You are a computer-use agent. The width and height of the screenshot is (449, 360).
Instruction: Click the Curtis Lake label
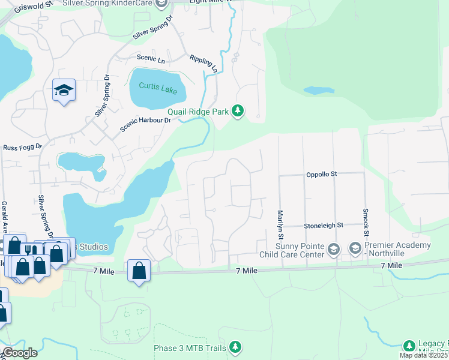[158, 86]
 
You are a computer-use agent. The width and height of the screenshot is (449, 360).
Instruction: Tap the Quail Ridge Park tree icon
[238, 110]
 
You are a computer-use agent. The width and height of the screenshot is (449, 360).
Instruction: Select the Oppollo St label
[322, 174]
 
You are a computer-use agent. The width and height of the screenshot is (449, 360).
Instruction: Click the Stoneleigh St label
[323, 225]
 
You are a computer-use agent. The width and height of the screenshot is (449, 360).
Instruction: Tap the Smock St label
[364, 221]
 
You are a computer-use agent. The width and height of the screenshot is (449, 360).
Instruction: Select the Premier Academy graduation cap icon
[355, 247]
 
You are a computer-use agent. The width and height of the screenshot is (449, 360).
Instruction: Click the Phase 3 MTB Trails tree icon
[236, 347]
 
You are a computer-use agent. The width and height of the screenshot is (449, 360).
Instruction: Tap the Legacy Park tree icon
[409, 346]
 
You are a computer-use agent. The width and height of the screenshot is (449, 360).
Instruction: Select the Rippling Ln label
[203, 64]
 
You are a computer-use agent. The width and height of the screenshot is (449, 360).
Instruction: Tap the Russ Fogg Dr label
[23, 146]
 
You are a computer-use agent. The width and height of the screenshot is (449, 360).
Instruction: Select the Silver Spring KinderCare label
[120, 4]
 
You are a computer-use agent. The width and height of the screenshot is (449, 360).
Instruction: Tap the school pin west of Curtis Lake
[64, 90]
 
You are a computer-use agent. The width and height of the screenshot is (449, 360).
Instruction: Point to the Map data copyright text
[424, 355]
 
